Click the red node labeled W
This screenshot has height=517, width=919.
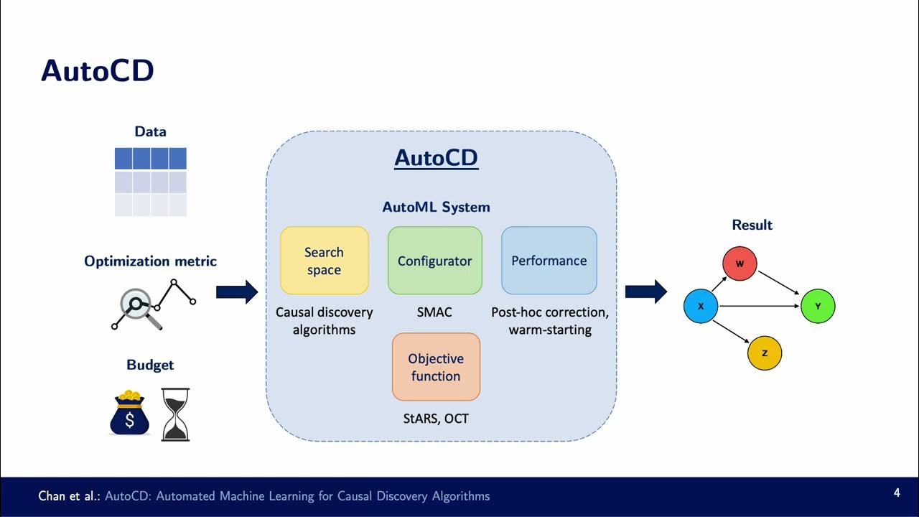pyautogui.click(x=740, y=264)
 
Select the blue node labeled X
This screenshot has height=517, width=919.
pyautogui.click(x=701, y=307)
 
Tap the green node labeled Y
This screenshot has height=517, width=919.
pyautogui.click(x=818, y=307)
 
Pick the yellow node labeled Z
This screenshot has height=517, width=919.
pyautogui.click(x=765, y=353)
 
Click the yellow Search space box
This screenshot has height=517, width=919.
pyautogui.click(x=324, y=261)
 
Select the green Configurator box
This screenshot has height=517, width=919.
pyautogui.click(x=434, y=261)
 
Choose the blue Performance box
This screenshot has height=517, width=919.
pyautogui.click(x=549, y=261)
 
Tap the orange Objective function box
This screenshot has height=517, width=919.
pyautogui.click(x=435, y=367)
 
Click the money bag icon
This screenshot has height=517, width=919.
pyautogui.click(x=129, y=414)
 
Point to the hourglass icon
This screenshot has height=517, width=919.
pyautogui.click(x=175, y=414)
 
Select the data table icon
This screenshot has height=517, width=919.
pyautogui.click(x=151, y=182)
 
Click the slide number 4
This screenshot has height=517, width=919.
pyautogui.click(x=897, y=493)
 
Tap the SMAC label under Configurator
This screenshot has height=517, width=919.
pyautogui.click(x=434, y=312)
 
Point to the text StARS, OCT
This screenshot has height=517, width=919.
pyautogui.click(x=436, y=418)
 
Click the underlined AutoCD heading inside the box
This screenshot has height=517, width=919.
pyautogui.click(x=436, y=158)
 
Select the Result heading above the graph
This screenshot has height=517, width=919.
pyautogui.click(x=752, y=225)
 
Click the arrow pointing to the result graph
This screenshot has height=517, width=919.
pyautogui.click(x=645, y=292)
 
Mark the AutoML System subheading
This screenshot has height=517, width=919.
pyautogui.click(x=436, y=208)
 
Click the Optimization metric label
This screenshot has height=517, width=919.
pyautogui.click(x=150, y=261)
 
